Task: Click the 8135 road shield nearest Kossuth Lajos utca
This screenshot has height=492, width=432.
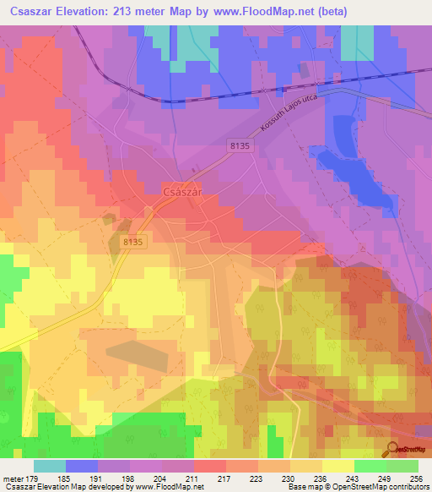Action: click(x=240, y=146)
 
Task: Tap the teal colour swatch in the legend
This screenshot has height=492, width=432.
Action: click(x=50, y=466)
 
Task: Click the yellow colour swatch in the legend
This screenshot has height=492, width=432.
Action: click(x=337, y=466)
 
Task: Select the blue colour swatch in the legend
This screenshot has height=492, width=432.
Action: click(x=82, y=466)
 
